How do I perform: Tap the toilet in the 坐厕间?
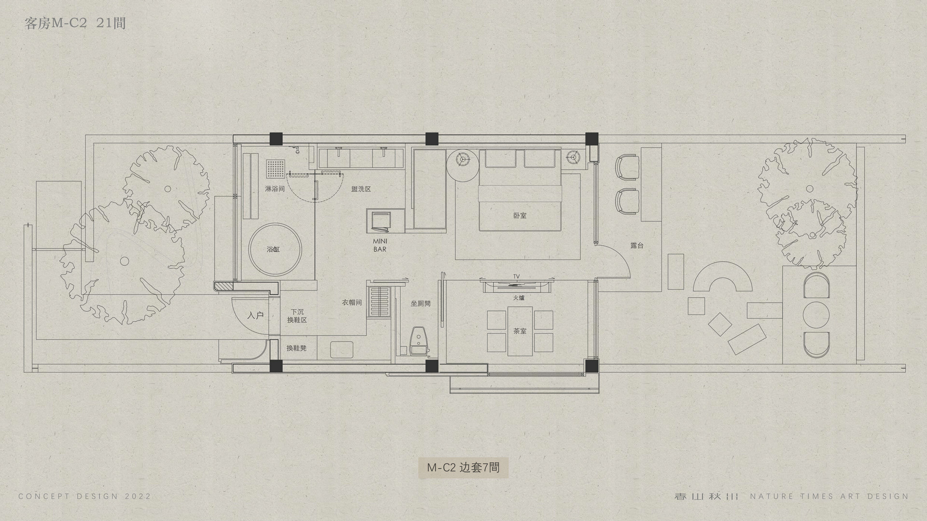pos(418,342)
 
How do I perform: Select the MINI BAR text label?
pos(379,245)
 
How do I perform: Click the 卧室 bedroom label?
pos(520,216)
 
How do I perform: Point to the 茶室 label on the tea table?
pos(520,331)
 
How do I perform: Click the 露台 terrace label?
pos(637,246)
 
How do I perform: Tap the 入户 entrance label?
pos(255,315)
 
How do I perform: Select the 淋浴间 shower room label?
pos(275,189)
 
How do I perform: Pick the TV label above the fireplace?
pos(517,276)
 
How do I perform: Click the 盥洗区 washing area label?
pos(361,189)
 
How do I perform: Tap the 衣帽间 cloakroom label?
pos(352,302)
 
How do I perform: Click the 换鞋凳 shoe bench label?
pos(296,348)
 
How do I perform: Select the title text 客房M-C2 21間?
pos(75,23)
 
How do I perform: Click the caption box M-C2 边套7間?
pos(463,467)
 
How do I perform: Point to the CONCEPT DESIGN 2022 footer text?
pos(85,496)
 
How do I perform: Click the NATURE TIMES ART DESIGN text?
pos(829,496)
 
